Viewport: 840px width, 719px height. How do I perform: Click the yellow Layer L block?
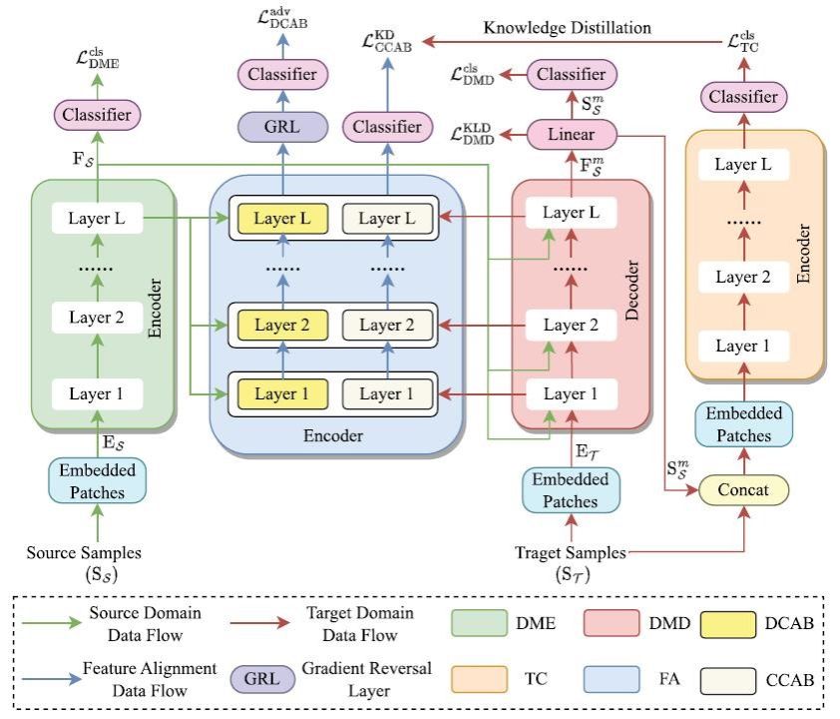[x=280, y=218]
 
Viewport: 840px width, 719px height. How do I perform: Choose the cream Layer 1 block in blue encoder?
[x=387, y=393]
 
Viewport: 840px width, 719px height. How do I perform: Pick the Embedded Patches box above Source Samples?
[x=97, y=481]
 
